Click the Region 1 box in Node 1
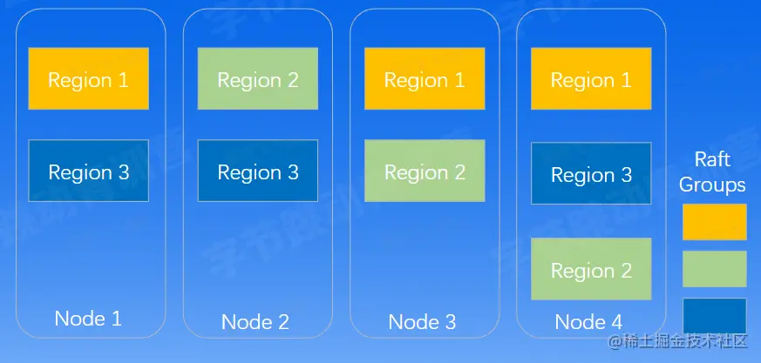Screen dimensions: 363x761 [x=88, y=79]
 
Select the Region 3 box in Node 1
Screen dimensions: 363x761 [x=88, y=171]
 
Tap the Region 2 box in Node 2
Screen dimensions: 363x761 [x=257, y=79]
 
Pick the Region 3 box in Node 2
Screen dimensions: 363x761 [x=257, y=171]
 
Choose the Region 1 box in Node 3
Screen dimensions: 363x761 [x=425, y=79]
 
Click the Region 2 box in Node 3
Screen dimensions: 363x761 [x=425, y=171]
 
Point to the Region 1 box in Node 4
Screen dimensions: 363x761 [x=591, y=79]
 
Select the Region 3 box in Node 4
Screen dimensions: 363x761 [x=591, y=174]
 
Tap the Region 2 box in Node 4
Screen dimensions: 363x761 [x=591, y=270]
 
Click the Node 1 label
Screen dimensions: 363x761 [x=88, y=318]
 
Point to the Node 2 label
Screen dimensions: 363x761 [x=255, y=322]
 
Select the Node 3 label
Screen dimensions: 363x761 [x=423, y=322]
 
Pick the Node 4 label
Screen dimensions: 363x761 [x=588, y=322]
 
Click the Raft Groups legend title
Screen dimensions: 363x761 [x=712, y=172]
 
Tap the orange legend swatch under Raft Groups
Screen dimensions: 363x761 [x=714, y=222]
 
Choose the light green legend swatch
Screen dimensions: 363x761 [x=714, y=269]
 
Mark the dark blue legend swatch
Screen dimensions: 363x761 [x=714, y=315]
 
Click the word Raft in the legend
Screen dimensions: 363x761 [x=712, y=160]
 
